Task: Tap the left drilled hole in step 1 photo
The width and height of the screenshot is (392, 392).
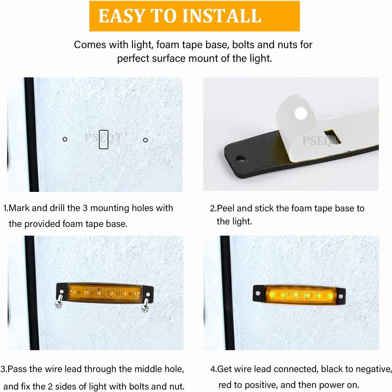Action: [x=65, y=139]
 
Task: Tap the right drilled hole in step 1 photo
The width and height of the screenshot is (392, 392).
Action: [x=145, y=140]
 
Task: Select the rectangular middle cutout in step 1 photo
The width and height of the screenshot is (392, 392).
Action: [x=104, y=139]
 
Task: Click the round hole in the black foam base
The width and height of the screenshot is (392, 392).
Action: [x=241, y=158]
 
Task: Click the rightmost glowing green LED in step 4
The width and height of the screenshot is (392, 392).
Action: [x=330, y=296]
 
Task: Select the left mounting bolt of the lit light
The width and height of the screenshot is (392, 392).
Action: [x=258, y=293]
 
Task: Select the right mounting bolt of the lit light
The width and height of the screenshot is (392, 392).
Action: [x=341, y=296]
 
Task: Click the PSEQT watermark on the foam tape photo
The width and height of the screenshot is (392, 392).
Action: [x=320, y=141]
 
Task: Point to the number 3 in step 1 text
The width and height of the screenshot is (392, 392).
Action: [x=85, y=208]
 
